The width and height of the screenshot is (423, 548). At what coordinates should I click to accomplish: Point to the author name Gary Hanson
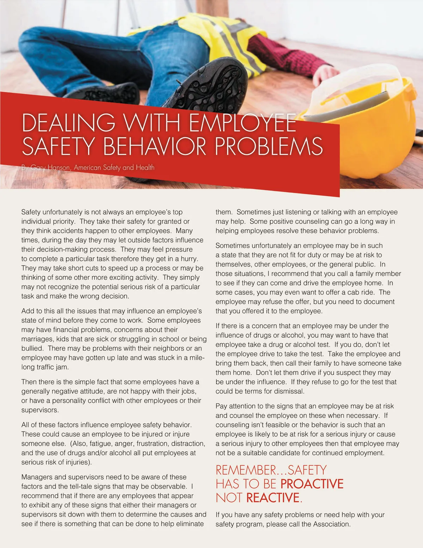pos(50,168)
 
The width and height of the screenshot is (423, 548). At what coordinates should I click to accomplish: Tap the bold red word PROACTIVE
pos(312,484)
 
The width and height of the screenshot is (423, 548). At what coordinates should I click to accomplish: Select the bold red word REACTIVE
pos(273,498)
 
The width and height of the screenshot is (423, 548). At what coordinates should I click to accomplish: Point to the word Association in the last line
pos(331,524)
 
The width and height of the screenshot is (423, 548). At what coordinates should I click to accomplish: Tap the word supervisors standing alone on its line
pos(39,410)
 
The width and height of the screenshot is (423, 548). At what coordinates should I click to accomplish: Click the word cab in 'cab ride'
pos(354,292)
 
